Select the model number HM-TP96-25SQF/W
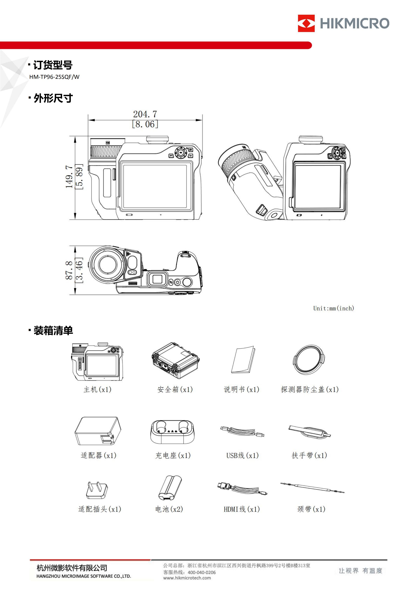54,77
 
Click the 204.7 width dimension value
145,114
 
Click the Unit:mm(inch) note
333,308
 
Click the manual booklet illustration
243,360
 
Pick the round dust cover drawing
308,360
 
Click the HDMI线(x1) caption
242,509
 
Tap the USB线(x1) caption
242,456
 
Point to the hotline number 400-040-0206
202,572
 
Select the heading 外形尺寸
53,98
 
